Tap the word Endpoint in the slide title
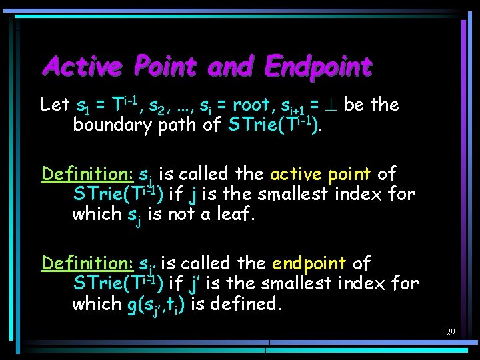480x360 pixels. click(317, 67)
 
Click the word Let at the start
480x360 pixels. click(55, 105)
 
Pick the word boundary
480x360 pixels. click(112, 125)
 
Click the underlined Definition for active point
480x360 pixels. click(87, 174)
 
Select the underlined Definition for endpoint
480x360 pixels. click(87, 263)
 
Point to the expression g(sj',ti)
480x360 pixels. click(155, 305)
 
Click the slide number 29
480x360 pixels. click(451, 332)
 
